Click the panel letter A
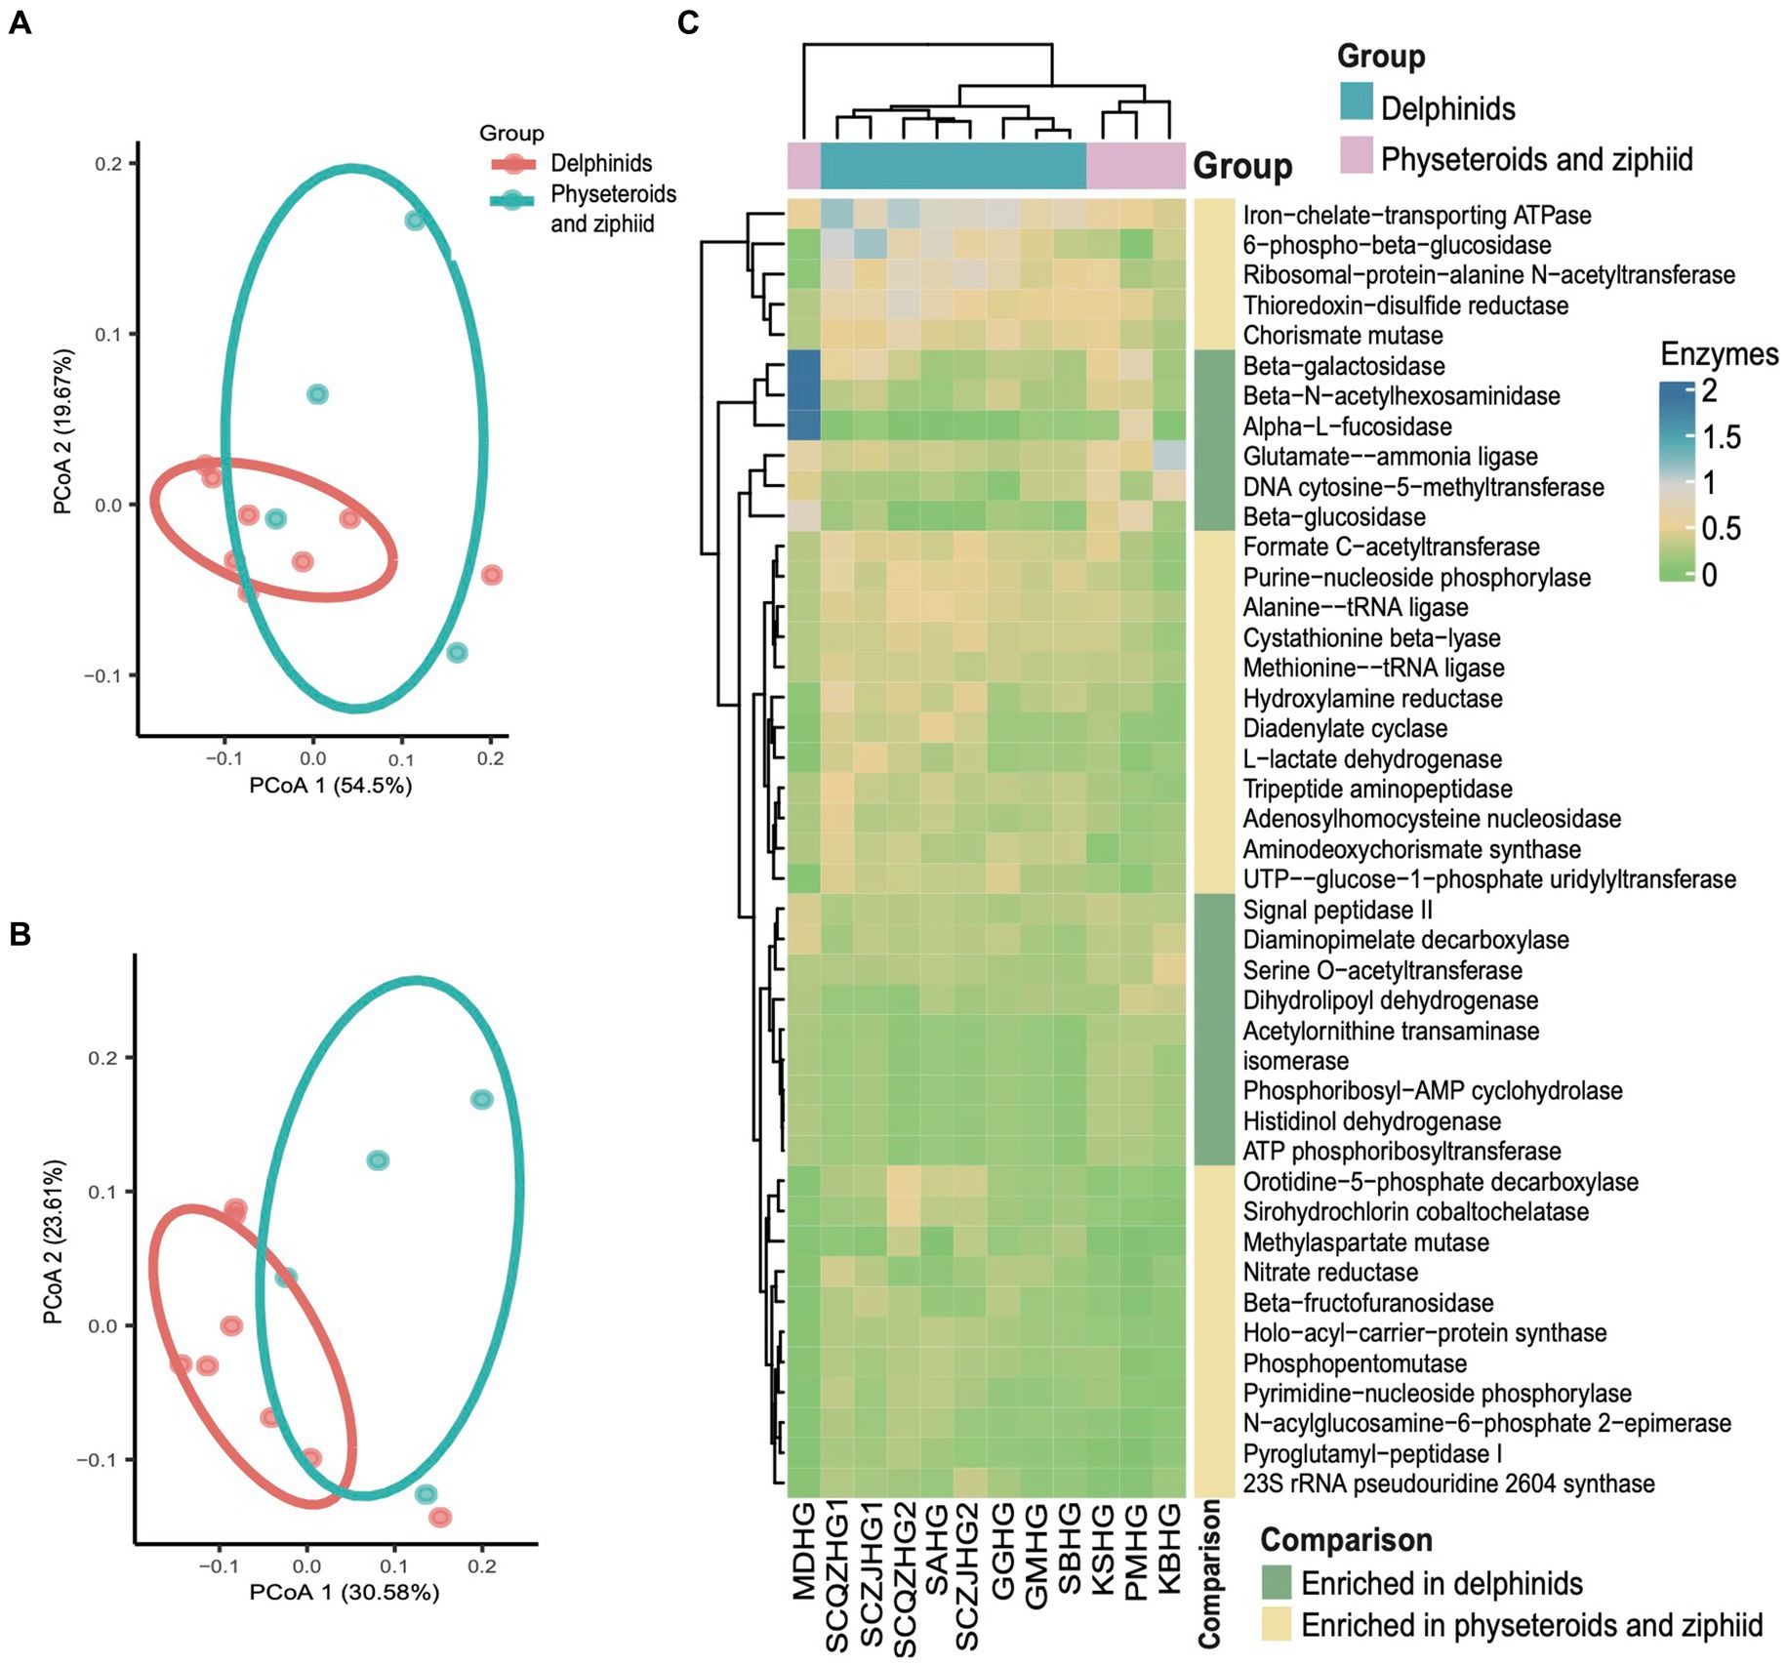(20, 23)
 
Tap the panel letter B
(20, 934)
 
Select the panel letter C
(687, 23)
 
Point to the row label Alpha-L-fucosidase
(1347, 427)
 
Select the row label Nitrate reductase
(1330, 1273)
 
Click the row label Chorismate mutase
(1342, 336)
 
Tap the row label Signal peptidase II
(1337, 911)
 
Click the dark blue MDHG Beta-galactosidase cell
(804, 366)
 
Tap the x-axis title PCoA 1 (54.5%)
(331, 786)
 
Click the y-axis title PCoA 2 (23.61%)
(55, 1241)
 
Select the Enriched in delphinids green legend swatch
(1276, 1582)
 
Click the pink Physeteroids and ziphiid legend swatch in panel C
(1357, 156)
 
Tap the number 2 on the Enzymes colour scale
(1709, 391)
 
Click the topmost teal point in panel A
(416, 221)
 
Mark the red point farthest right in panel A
(492, 575)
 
